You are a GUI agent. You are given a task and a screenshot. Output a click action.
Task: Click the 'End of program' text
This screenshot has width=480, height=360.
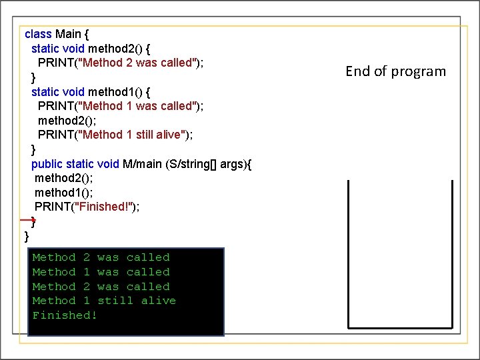click(396, 71)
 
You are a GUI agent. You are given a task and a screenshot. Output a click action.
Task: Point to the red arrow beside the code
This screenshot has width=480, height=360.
click(27, 219)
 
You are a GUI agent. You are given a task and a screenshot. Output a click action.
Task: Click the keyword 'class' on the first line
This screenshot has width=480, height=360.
click(38, 34)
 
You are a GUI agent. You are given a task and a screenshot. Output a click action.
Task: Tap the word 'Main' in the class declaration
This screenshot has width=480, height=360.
click(69, 34)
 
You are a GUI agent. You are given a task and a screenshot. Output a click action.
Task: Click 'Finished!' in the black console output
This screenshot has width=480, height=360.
click(65, 315)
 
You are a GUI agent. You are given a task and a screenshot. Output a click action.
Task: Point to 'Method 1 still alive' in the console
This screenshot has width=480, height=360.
click(104, 301)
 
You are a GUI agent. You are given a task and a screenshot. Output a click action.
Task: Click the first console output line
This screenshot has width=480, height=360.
click(101, 257)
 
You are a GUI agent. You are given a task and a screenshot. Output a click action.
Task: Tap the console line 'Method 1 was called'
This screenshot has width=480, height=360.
click(101, 272)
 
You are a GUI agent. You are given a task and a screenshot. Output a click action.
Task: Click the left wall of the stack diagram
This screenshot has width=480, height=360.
click(348, 253)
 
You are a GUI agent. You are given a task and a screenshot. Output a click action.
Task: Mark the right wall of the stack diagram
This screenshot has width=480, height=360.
click(452, 253)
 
